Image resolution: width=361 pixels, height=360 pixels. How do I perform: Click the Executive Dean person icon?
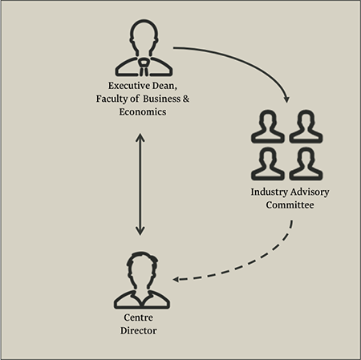click(144, 47)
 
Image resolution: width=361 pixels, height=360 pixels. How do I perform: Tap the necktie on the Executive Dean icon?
click(144, 67)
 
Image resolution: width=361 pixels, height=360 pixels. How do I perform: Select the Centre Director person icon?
click(142, 280)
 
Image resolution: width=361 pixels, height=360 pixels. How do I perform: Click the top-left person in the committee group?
click(268, 126)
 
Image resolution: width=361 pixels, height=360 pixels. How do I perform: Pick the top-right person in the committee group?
click(306, 126)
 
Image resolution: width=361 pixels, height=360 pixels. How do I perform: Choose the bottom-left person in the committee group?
click(268, 164)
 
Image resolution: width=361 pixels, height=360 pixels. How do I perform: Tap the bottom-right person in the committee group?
click(306, 164)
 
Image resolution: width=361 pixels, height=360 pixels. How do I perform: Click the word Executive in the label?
click(129, 86)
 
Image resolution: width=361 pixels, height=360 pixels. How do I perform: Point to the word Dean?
click(164, 86)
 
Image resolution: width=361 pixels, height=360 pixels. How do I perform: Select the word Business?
click(161, 99)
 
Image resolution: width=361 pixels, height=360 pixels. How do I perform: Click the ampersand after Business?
click(186, 99)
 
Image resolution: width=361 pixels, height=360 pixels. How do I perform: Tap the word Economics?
click(143, 111)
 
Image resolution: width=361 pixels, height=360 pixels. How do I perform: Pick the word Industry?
click(270, 192)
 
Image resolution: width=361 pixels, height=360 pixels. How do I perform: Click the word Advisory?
click(310, 192)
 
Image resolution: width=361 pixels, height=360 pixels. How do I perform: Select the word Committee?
click(290, 205)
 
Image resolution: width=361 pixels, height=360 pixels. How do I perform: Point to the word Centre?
click(139, 318)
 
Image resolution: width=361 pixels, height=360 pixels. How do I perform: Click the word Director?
click(139, 330)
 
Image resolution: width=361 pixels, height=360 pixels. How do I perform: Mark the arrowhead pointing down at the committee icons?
click(286, 99)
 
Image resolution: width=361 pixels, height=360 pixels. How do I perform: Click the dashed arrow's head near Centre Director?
click(176, 280)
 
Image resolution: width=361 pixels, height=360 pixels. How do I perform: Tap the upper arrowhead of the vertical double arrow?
click(140, 137)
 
